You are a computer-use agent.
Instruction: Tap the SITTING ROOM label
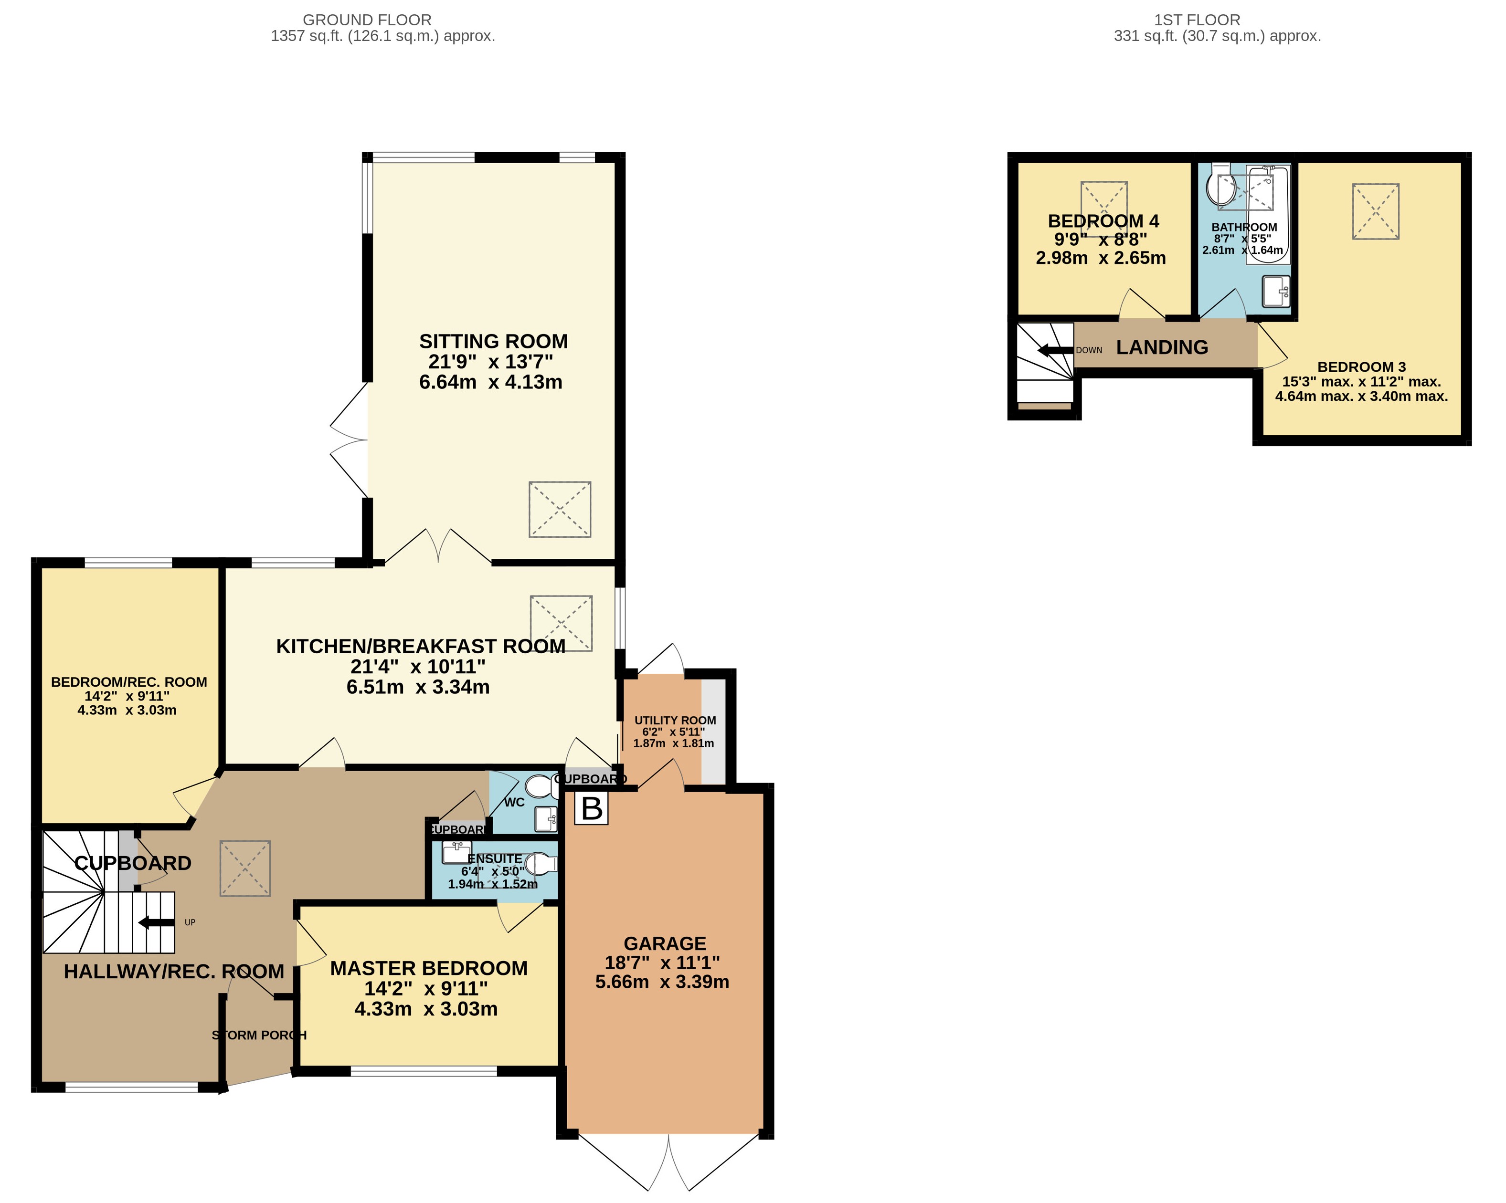coord(493,341)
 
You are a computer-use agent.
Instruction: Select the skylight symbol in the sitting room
coord(560,509)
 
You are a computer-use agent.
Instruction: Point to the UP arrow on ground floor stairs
coord(157,923)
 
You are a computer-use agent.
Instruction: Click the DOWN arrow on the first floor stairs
coord(1055,350)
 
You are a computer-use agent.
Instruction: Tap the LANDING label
coord(1162,347)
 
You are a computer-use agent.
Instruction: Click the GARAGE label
coord(664,943)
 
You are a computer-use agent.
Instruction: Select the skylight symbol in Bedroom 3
coord(1375,211)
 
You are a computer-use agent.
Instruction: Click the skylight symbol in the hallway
coord(245,868)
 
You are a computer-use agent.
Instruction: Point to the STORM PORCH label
coord(259,1035)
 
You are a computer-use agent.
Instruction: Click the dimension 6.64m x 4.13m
coord(490,382)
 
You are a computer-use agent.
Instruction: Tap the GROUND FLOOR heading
coord(367,20)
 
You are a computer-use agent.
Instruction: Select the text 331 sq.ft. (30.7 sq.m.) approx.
coord(1217,36)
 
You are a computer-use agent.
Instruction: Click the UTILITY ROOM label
coord(675,720)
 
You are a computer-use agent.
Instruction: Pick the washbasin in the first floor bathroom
coord(1275,291)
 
